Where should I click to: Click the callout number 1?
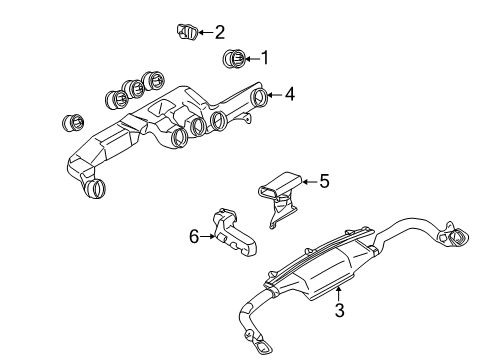click(x=265, y=57)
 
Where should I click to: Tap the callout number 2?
click(x=219, y=31)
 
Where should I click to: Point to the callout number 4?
click(x=290, y=95)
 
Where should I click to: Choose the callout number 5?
click(x=323, y=181)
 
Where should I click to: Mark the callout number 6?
click(x=194, y=236)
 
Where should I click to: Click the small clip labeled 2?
click(x=188, y=30)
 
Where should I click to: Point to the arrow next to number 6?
click(x=208, y=236)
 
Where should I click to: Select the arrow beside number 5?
click(x=308, y=181)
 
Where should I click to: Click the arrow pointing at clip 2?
click(x=204, y=31)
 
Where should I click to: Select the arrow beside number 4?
click(x=276, y=96)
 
